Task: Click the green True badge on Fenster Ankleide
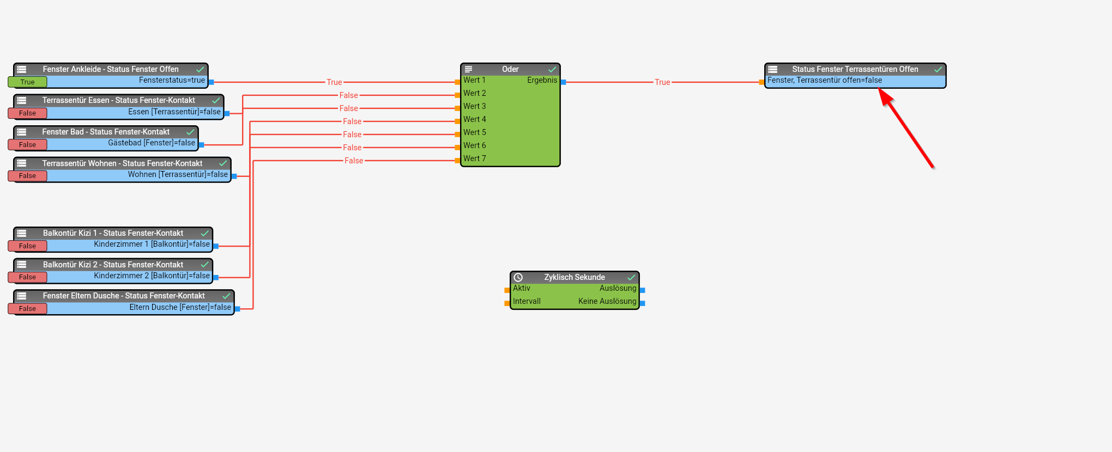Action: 27,82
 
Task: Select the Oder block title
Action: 510,69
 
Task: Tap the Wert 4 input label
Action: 474,119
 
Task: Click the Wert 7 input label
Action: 474,158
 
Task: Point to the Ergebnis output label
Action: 542,80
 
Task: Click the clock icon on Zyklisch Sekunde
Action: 518,277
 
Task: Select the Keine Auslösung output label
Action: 607,301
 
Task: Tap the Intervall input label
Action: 527,301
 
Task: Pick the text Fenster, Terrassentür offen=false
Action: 824,80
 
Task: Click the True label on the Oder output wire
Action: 662,82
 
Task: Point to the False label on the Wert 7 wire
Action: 354,161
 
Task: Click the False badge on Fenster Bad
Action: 27,145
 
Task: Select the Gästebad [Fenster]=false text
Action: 151,143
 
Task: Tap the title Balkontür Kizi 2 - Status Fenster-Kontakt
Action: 113,265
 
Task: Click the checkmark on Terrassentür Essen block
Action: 216,101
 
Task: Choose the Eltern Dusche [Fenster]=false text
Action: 180,307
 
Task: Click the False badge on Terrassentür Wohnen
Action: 27,176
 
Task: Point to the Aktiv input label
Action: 522,288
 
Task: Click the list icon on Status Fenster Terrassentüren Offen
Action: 772,69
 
